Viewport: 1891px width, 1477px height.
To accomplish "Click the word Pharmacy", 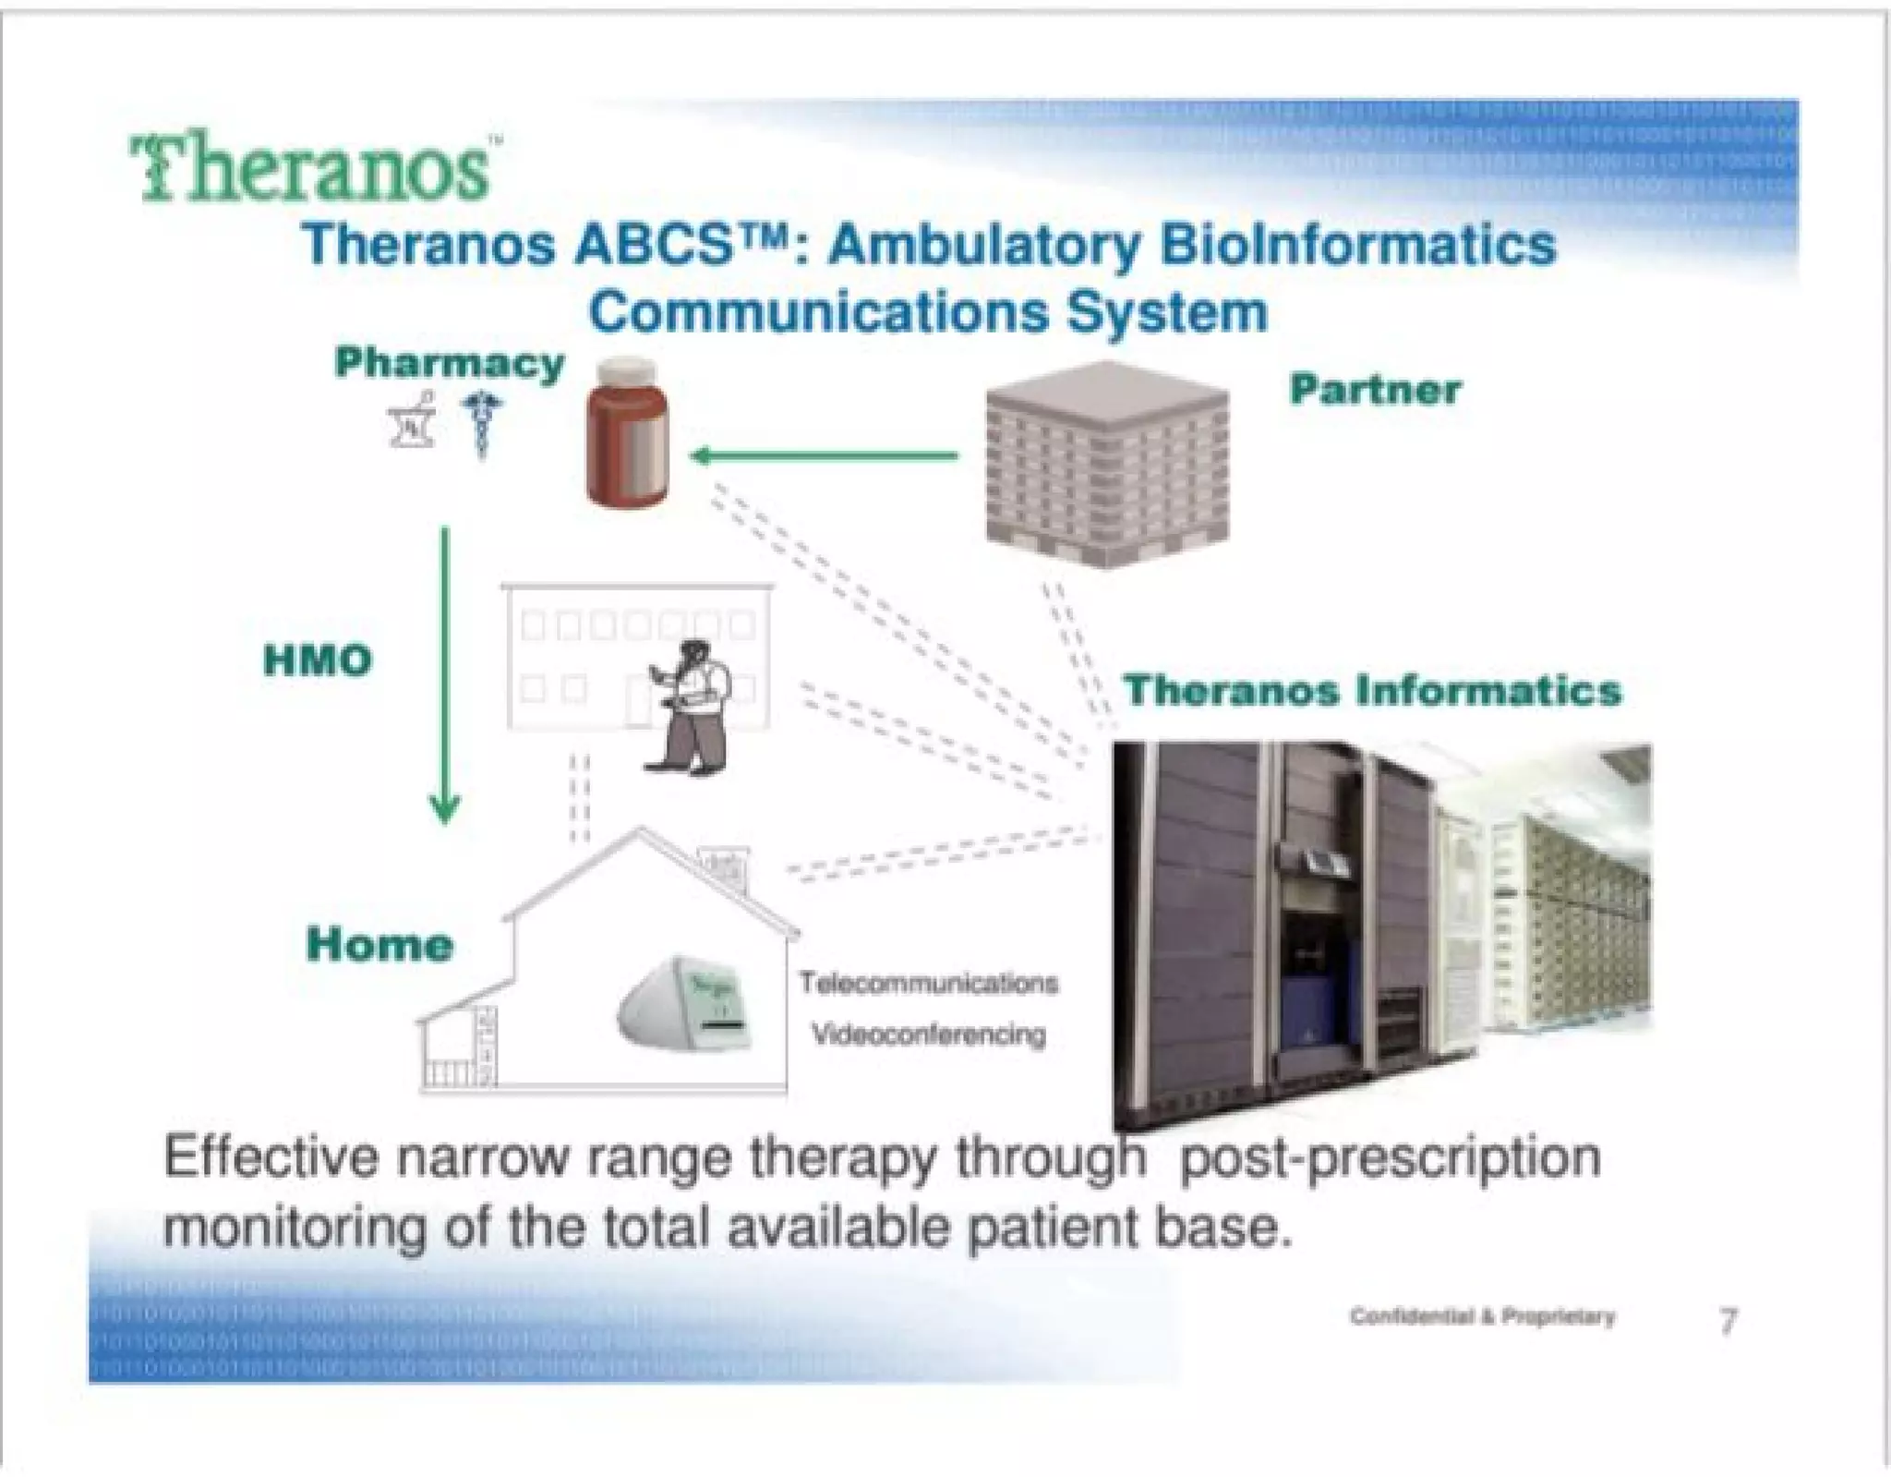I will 450,363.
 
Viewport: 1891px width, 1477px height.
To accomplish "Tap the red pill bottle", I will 628,434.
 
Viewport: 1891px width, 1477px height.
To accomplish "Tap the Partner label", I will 1375,390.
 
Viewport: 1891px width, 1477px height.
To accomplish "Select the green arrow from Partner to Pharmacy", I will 824,455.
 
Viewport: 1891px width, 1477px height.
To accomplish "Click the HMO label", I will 318,660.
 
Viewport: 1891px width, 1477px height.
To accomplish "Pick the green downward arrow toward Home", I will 445,674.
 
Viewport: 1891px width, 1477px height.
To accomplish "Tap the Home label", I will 379,944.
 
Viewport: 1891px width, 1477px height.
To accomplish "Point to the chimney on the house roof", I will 726,868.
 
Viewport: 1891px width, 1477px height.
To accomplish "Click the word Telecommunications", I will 928,983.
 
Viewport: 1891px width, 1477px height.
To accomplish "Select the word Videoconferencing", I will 928,1035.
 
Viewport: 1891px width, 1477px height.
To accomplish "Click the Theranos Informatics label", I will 1372,690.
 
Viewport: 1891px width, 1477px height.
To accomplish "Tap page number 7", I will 1728,1321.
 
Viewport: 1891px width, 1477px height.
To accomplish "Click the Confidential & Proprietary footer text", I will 1482,1316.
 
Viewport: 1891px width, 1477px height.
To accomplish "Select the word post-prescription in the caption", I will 1390,1158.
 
